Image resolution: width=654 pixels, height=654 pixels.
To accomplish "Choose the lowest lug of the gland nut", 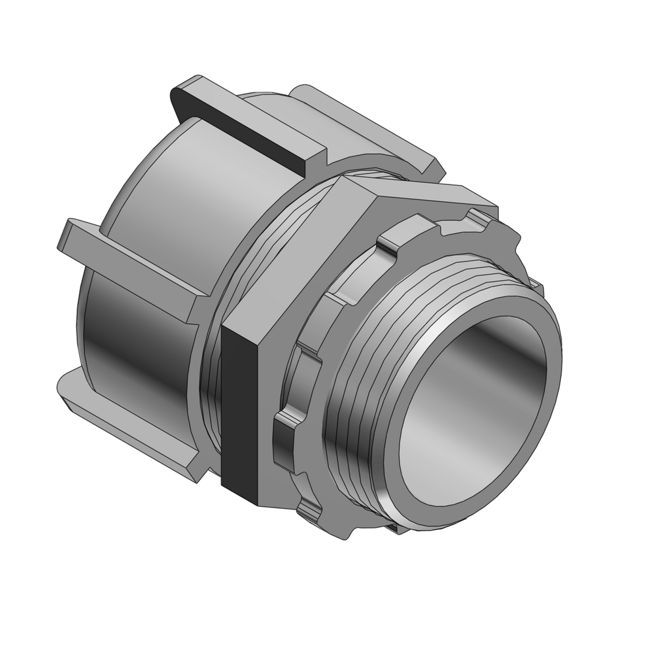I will [124, 419].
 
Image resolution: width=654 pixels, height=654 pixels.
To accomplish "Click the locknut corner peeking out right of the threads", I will [536, 284].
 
